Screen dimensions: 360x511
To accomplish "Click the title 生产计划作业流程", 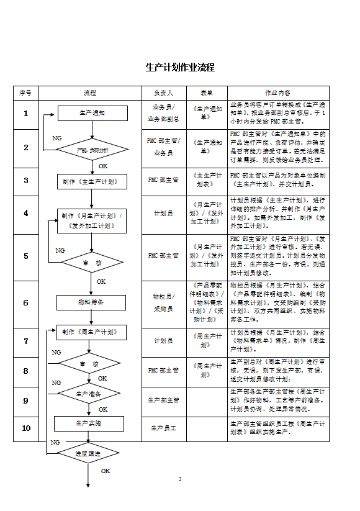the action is click(x=180, y=67).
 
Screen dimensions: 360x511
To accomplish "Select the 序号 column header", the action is click(x=25, y=93).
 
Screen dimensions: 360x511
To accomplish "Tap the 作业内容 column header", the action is click(x=277, y=93).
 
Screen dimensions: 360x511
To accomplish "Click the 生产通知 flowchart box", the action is click(x=92, y=113).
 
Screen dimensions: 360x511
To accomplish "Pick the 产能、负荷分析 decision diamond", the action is click(x=92, y=150).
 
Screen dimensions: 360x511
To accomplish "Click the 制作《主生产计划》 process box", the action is click(x=92, y=181).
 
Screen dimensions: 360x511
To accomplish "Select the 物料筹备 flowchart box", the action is click(x=91, y=302).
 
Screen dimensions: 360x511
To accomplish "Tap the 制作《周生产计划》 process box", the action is click(x=91, y=332).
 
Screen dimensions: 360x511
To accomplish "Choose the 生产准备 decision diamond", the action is click(x=89, y=393).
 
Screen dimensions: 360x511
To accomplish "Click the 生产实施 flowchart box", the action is click(x=89, y=423).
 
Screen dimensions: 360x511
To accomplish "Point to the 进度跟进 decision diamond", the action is click(x=88, y=453).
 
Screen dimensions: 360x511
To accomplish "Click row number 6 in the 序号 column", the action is click(x=25, y=303).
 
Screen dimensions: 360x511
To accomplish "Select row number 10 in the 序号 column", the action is click(x=25, y=428).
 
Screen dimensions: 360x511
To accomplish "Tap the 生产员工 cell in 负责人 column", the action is click(x=164, y=428).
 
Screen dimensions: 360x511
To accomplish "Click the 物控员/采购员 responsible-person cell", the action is click(x=164, y=302).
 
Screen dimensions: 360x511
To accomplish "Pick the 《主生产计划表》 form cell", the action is click(x=207, y=180).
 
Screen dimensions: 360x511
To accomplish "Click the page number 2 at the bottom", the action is click(x=180, y=479).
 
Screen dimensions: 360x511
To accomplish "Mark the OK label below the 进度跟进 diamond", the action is click(x=106, y=471).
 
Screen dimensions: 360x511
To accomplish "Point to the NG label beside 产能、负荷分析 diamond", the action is click(x=56, y=137).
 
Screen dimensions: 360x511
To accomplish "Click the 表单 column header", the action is click(x=207, y=93).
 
